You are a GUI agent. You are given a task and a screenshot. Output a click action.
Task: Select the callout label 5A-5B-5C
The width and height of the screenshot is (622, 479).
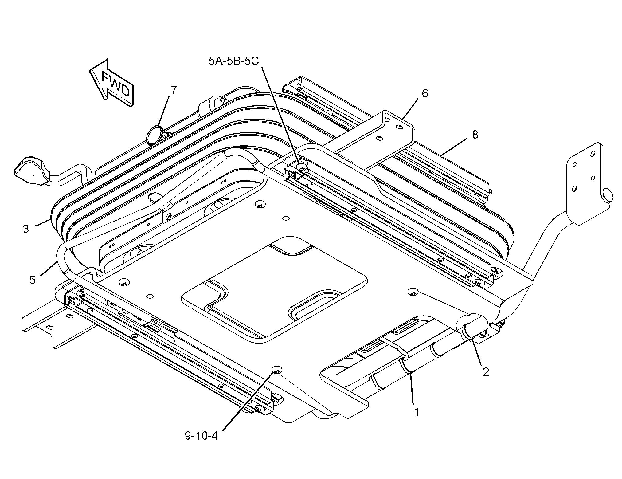234,61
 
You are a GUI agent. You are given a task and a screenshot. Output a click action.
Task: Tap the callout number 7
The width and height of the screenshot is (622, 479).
174,90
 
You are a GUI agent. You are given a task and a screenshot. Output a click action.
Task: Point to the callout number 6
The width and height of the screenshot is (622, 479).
425,93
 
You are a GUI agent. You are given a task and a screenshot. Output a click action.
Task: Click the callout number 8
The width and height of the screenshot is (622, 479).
475,134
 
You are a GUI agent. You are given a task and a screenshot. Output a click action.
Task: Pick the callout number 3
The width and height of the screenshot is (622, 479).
26,229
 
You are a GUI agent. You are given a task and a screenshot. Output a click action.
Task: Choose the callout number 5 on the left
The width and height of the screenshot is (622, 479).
32,280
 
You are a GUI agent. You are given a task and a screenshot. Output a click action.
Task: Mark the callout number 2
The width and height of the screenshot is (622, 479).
486,372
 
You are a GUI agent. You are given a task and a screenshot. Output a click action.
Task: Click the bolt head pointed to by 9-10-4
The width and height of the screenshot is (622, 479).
277,371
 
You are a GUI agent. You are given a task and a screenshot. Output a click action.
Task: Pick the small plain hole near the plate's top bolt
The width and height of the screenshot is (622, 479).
286,218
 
